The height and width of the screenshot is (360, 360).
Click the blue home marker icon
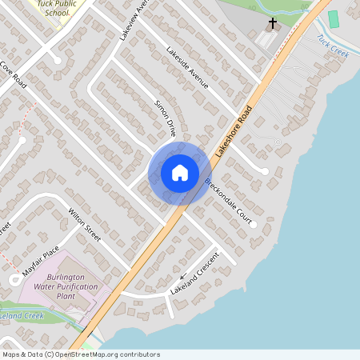click(180, 173)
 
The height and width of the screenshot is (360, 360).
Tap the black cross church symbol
click(272, 24)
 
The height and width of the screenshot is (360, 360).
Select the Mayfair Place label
click(41, 262)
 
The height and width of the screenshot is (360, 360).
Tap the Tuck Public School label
click(59, 9)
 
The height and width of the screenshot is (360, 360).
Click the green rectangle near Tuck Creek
click(334, 18)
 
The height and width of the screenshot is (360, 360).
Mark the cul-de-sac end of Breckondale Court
click(253, 225)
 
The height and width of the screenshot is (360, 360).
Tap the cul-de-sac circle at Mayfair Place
click(16, 279)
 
